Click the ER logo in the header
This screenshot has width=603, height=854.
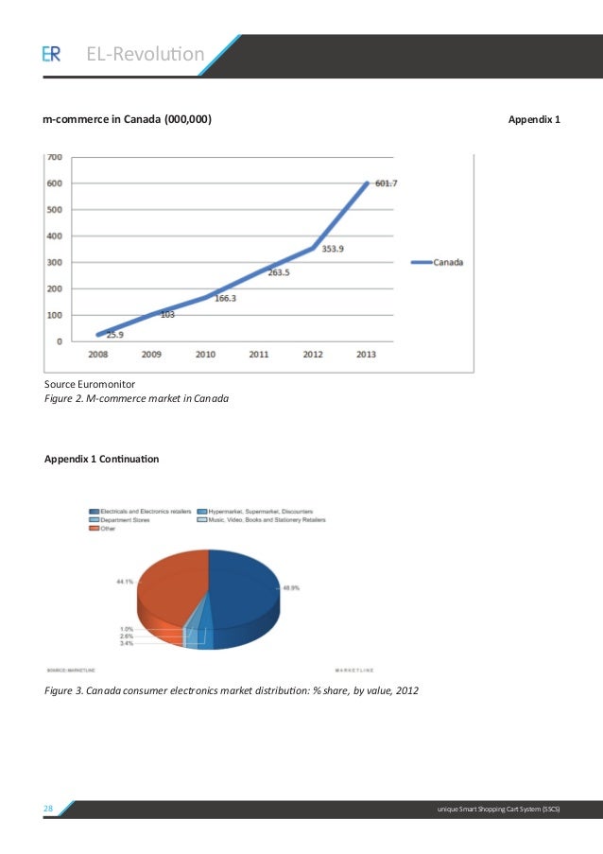click(x=51, y=55)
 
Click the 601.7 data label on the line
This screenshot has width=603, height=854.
click(x=386, y=183)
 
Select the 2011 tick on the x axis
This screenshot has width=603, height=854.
click(x=259, y=355)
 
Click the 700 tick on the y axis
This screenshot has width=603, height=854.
click(x=55, y=157)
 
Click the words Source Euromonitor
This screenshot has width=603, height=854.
click(x=91, y=384)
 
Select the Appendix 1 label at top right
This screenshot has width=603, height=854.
click(x=534, y=120)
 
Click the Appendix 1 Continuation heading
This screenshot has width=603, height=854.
click(x=102, y=459)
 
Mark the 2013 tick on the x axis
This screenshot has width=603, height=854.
click(x=366, y=355)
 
